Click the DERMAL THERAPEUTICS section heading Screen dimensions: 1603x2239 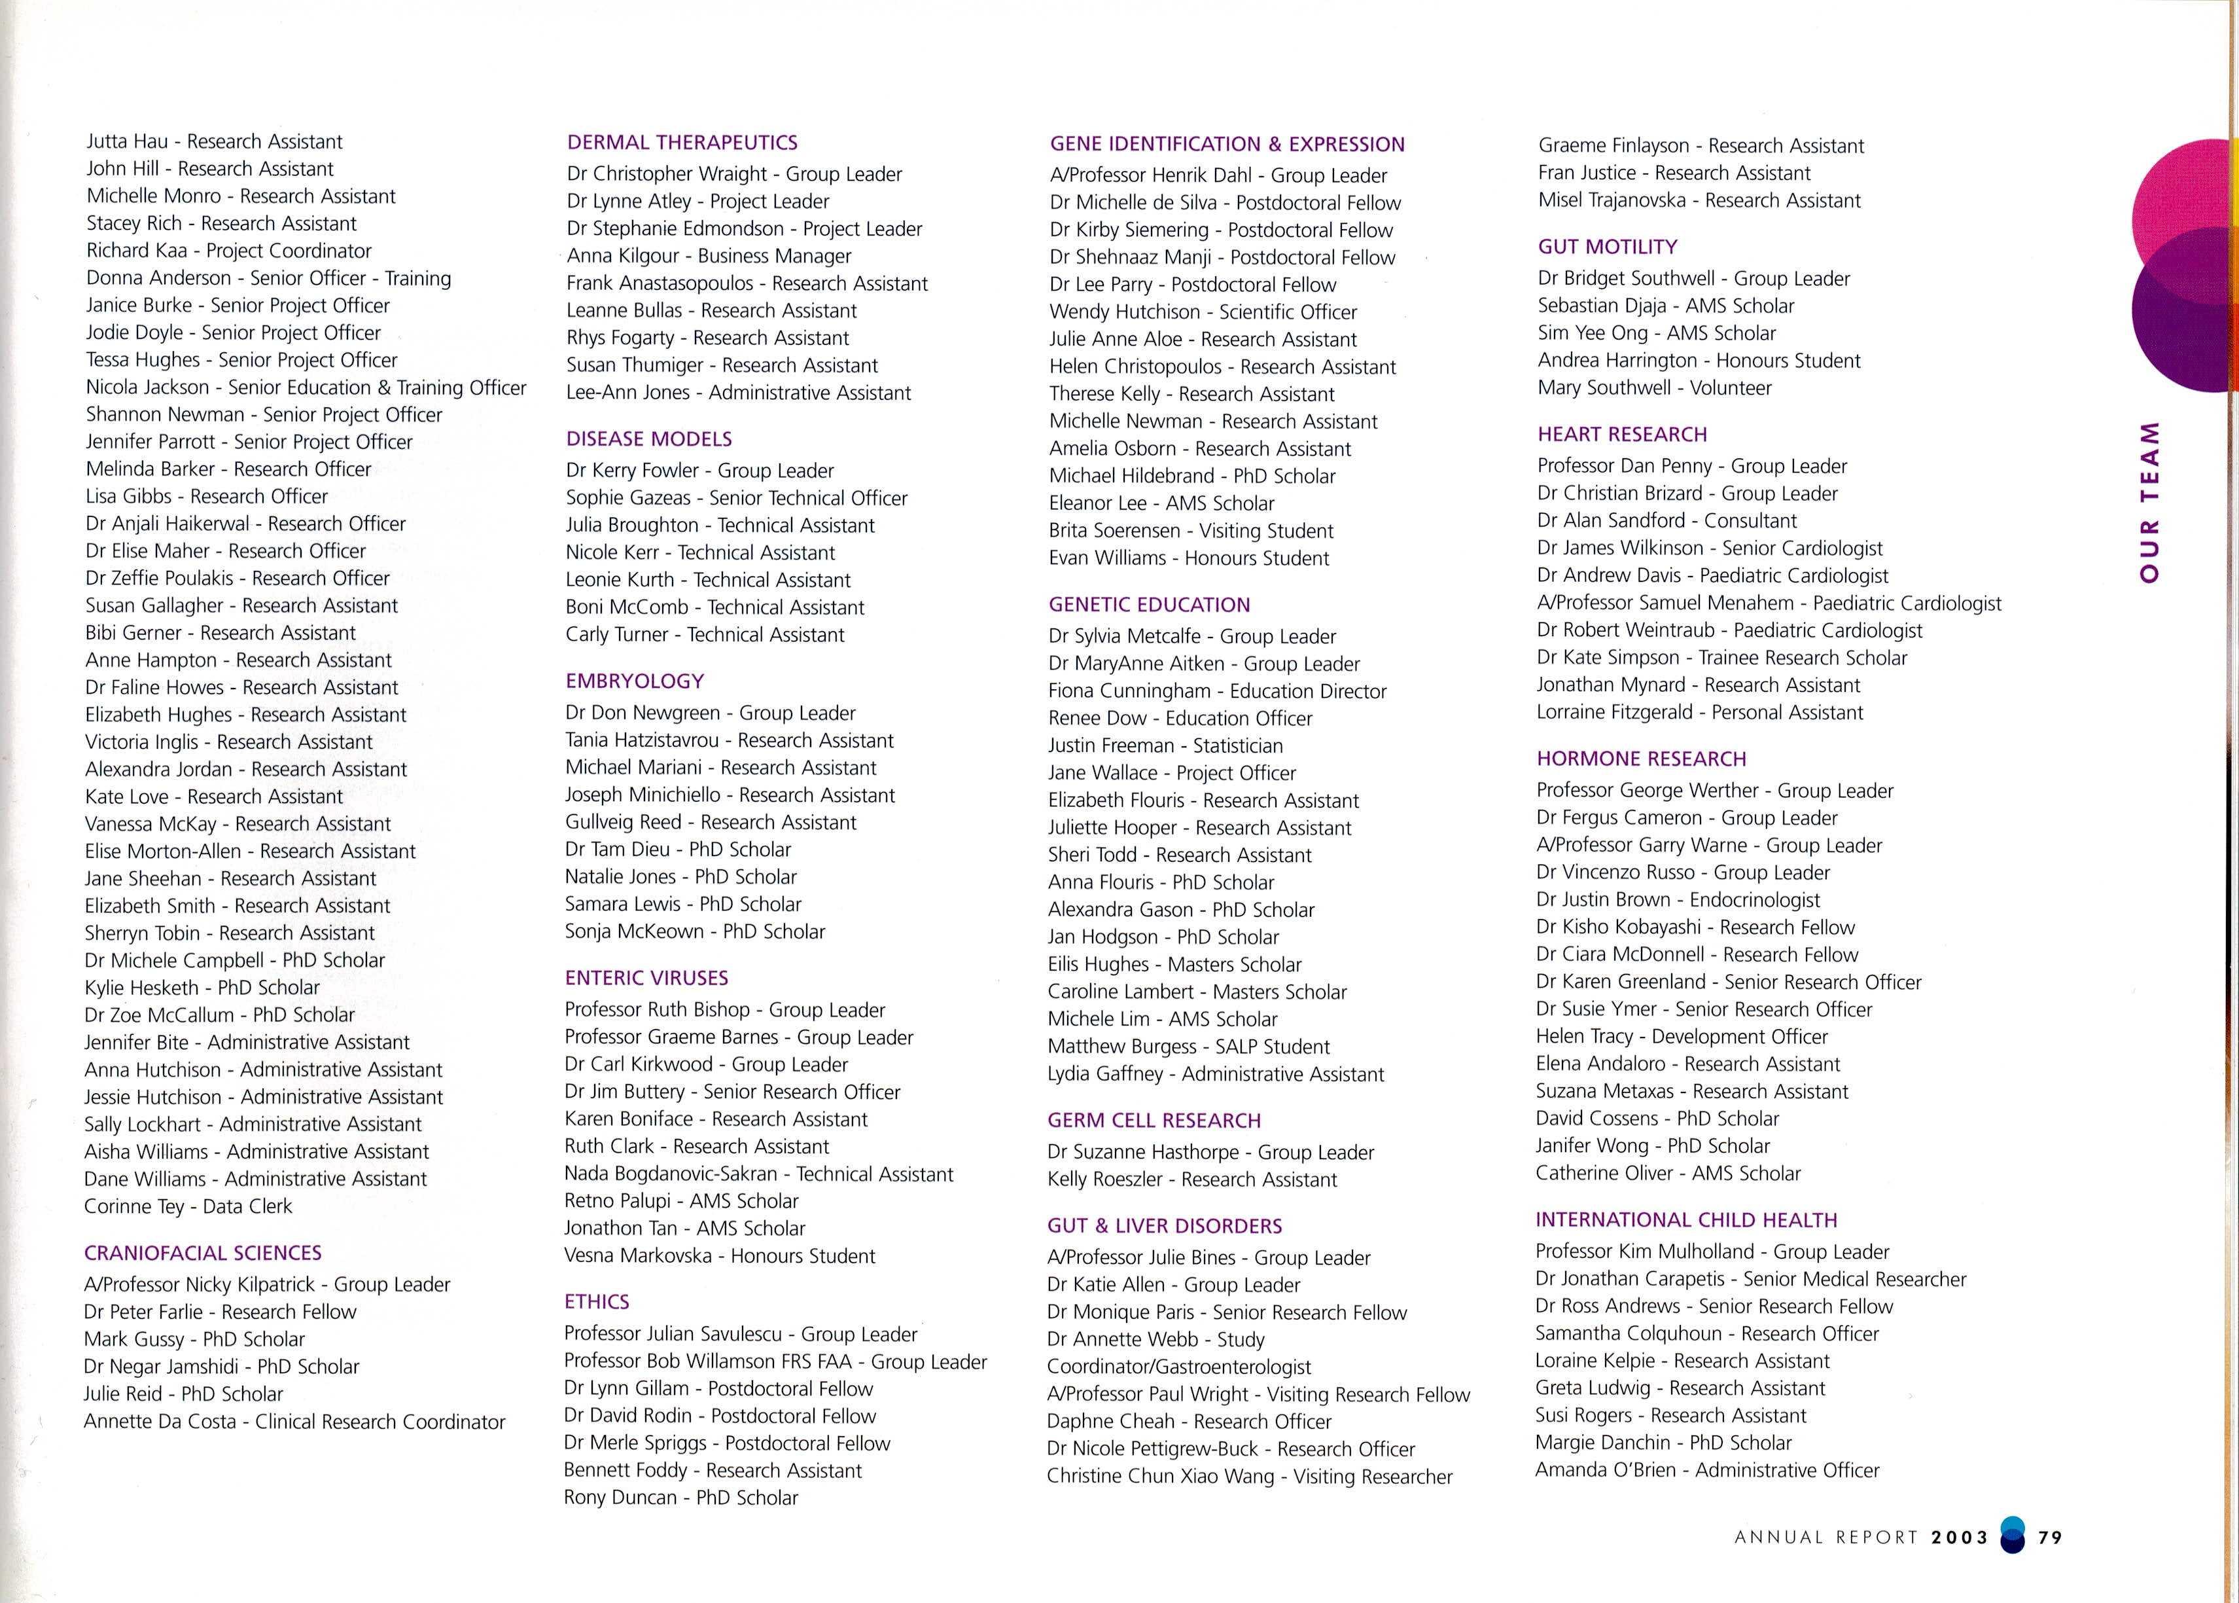coord(682,142)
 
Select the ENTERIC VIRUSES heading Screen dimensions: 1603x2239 coord(646,978)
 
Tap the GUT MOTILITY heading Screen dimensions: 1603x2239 coord(1608,247)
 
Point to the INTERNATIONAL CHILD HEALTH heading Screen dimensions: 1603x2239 coord(1685,1220)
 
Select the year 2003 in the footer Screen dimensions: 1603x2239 coord(1960,1537)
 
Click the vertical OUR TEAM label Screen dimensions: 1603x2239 coord(2150,501)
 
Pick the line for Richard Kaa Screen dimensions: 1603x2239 coord(229,251)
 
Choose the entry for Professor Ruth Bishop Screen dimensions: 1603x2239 coord(724,1010)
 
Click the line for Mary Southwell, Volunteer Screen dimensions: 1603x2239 coord(1654,388)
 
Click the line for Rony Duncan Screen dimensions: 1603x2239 coord(681,1498)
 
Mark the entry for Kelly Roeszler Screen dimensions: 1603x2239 coord(1192,1180)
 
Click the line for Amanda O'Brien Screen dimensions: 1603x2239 coord(1707,1469)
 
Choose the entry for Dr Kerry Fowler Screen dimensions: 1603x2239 coord(699,471)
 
